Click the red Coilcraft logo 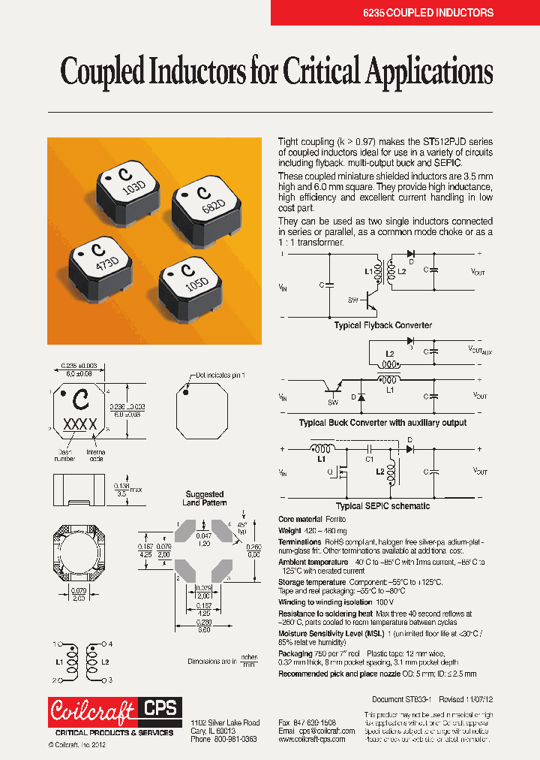click(x=92, y=710)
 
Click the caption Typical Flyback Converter click(x=382, y=325)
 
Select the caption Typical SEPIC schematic click(x=382, y=506)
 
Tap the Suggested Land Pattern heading click(x=205, y=499)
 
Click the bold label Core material click(x=300, y=520)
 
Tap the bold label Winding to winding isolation click(x=325, y=602)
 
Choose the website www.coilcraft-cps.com click(x=311, y=739)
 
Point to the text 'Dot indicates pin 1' click(x=222, y=374)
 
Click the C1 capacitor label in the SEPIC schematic click(x=369, y=459)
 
